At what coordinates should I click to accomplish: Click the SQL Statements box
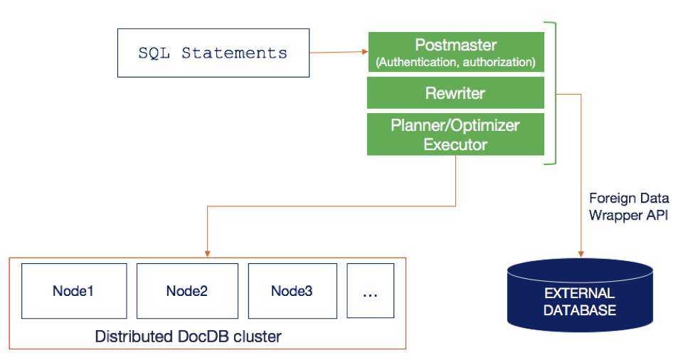[x=213, y=53]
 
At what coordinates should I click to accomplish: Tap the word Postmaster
[x=455, y=45]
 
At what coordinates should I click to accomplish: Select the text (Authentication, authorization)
[x=455, y=62]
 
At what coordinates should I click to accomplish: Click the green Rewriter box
[x=455, y=92]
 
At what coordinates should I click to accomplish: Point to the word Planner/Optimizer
[x=455, y=125]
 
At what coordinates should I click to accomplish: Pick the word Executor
[x=455, y=144]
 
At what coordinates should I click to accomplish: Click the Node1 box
[x=74, y=291]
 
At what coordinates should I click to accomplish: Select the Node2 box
[x=187, y=291]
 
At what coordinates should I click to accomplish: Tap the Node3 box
[x=292, y=291]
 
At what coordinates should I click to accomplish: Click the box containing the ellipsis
[x=371, y=291]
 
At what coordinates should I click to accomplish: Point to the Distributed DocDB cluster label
[x=189, y=337]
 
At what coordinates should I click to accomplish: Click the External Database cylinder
[x=581, y=295]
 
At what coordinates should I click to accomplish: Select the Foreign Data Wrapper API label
[x=629, y=206]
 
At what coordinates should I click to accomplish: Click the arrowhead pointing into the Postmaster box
[x=365, y=52]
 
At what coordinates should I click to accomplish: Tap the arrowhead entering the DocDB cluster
[x=207, y=254]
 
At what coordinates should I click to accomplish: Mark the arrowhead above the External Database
[x=581, y=254]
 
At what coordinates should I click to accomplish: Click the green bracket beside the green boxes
[x=555, y=93]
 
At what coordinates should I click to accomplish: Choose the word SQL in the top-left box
[x=154, y=53]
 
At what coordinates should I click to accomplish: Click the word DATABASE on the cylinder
[x=580, y=310]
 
